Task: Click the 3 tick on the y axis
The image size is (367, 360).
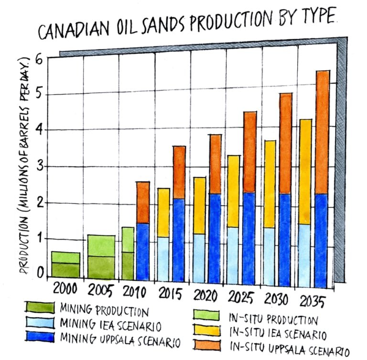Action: tap(40, 167)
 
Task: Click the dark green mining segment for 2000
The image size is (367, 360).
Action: tap(65, 270)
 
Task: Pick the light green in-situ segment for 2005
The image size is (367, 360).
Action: tap(101, 245)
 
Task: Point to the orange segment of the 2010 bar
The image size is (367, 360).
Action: tap(143, 202)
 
